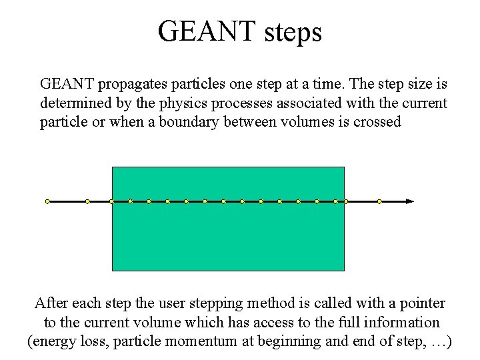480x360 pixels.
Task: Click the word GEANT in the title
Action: [206, 31]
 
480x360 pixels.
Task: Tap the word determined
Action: [73, 104]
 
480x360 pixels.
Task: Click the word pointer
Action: [423, 304]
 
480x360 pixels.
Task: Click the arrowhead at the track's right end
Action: [410, 201]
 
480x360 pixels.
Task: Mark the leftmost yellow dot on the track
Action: [47, 201]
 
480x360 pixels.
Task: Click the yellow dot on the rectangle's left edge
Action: [111, 201]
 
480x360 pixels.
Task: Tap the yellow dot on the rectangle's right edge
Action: [345, 201]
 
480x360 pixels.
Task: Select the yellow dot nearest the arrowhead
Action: [379, 201]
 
